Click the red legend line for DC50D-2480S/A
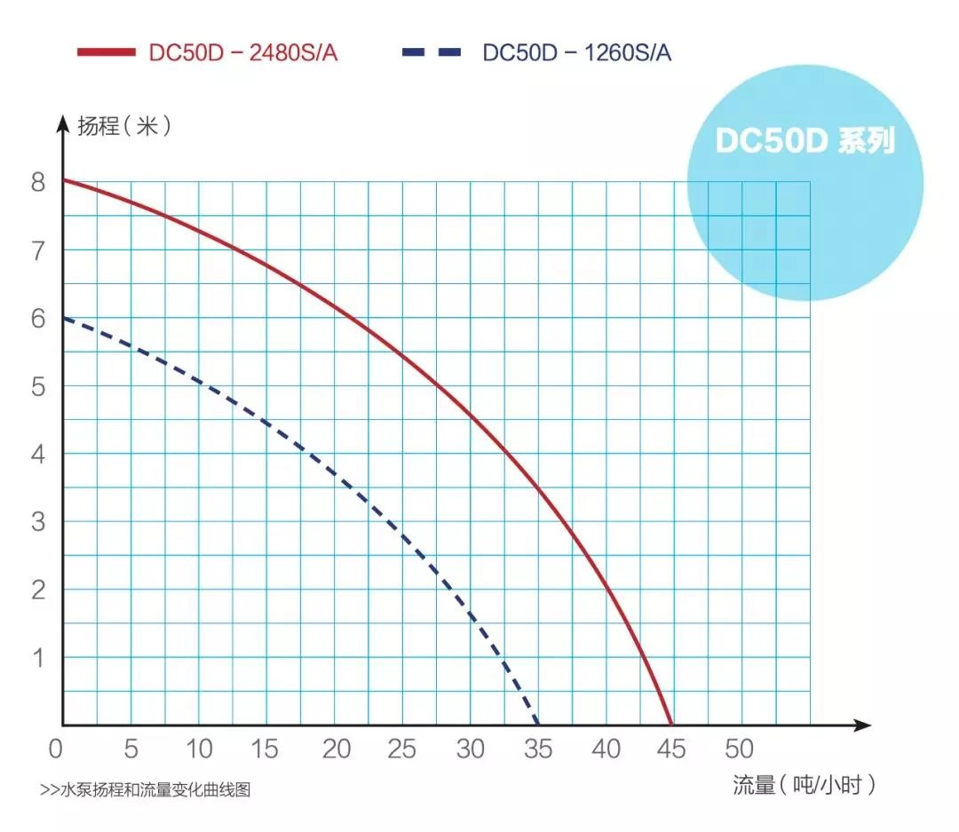pyautogui.click(x=106, y=52)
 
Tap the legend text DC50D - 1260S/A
pyautogui.click(x=576, y=52)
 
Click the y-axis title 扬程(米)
pyautogui.click(x=125, y=126)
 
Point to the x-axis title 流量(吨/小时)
pyautogui.click(x=804, y=784)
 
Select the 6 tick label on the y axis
pyautogui.click(x=37, y=318)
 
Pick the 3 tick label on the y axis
pyautogui.click(x=37, y=521)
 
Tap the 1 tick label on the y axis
pyautogui.click(x=37, y=657)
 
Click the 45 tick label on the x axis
pyautogui.click(x=672, y=749)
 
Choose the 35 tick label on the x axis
pyautogui.click(x=537, y=749)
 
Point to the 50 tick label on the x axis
pyautogui.click(x=740, y=749)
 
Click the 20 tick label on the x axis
pyautogui.click(x=336, y=749)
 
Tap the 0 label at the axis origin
pyautogui.click(x=55, y=749)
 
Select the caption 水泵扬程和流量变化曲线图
pyautogui.click(x=146, y=788)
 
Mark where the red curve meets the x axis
pyautogui.click(x=670, y=725)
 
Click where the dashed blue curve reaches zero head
pyautogui.click(x=537, y=725)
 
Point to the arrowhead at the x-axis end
pyautogui.click(x=862, y=725)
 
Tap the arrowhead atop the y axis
pyautogui.click(x=62, y=122)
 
